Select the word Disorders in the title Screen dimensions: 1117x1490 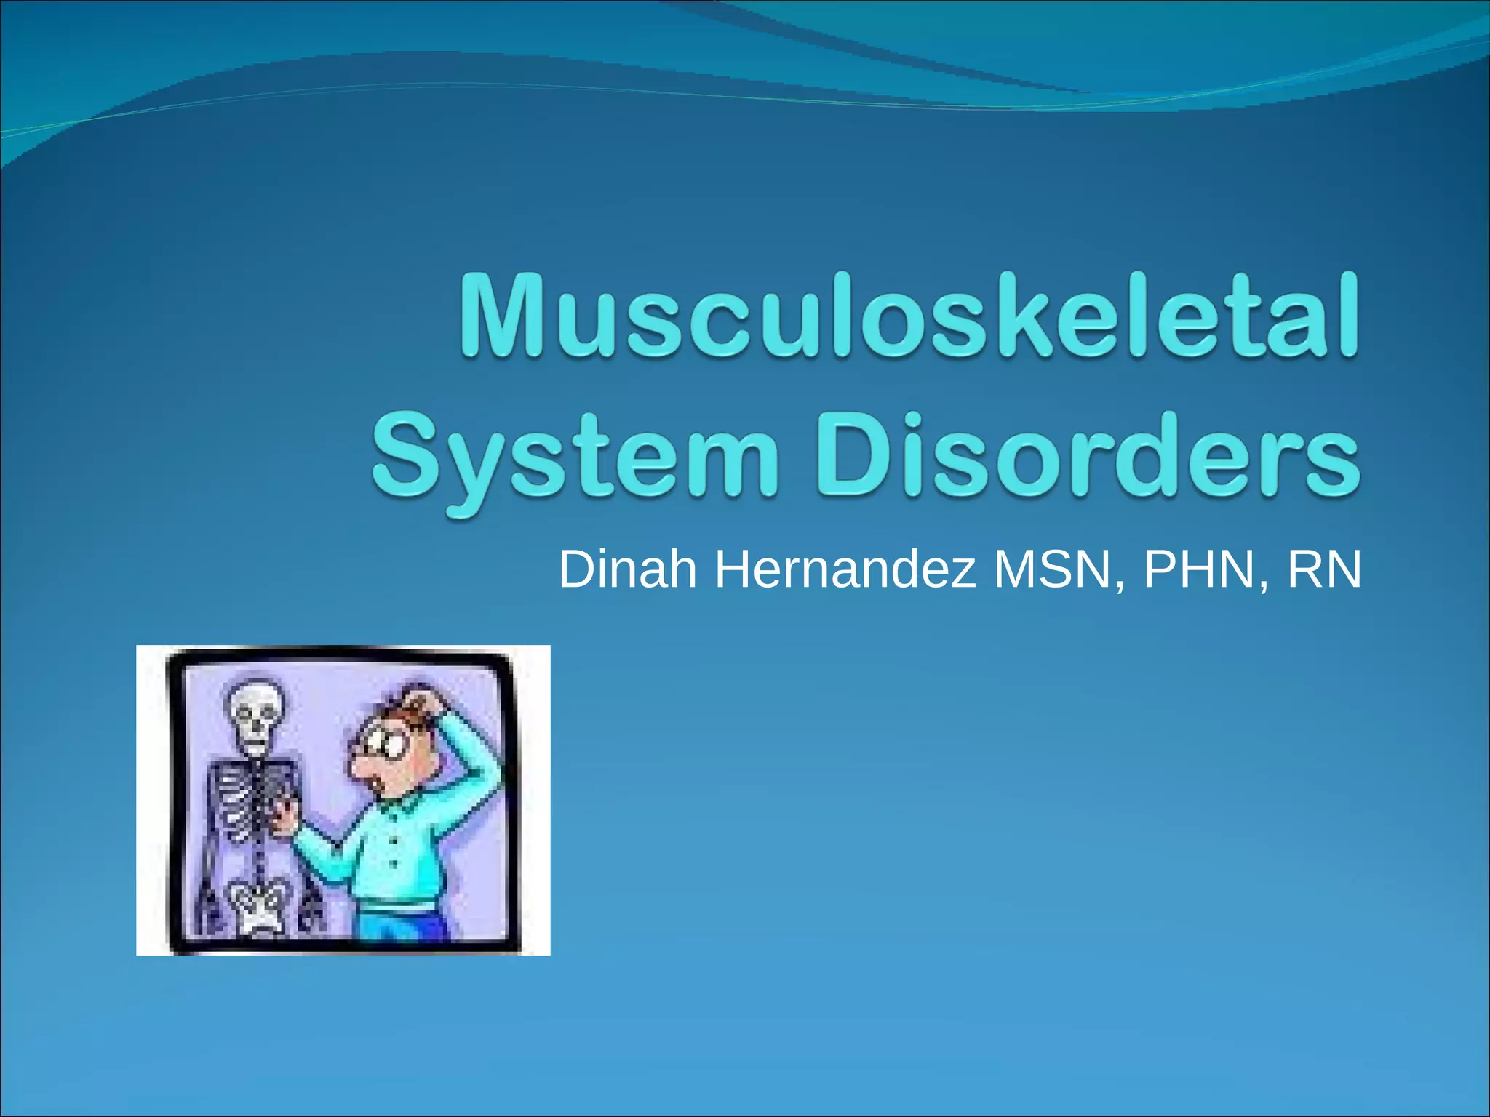(x=1087, y=455)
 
